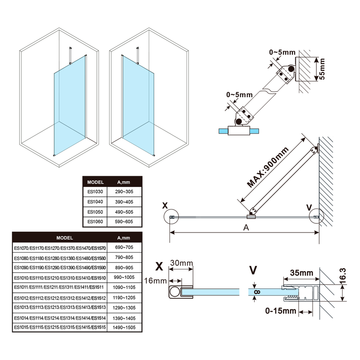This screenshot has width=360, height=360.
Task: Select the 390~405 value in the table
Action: (x=125, y=202)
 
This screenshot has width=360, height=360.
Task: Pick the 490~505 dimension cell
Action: (x=125, y=212)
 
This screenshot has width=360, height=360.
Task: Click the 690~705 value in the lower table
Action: (x=124, y=247)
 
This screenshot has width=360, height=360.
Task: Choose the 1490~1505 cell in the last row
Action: (x=124, y=327)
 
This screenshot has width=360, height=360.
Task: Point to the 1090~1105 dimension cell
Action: (x=124, y=287)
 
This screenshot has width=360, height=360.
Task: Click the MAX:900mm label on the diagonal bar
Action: (x=268, y=167)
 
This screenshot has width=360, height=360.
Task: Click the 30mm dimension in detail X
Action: (x=181, y=263)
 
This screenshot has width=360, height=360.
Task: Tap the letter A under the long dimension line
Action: (x=246, y=228)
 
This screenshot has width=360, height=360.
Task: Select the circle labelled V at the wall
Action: (x=316, y=216)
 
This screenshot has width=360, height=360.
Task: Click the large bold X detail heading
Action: (x=159, y=265)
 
